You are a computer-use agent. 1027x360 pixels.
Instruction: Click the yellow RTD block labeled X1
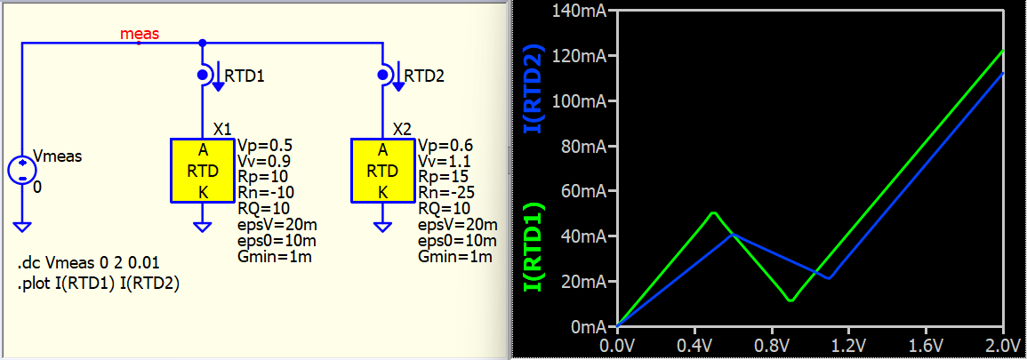coord(202,170)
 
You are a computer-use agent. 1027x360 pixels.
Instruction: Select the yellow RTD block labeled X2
coord(382,170)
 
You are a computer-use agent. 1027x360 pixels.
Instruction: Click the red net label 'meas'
coord(140,34)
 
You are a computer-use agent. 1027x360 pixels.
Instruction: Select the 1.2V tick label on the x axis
coord(848,344)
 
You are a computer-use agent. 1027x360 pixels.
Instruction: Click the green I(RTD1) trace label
coord(534,247)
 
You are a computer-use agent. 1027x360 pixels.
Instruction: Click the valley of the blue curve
coord(829,278)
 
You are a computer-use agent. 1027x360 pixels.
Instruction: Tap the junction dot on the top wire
coord(203,43)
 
